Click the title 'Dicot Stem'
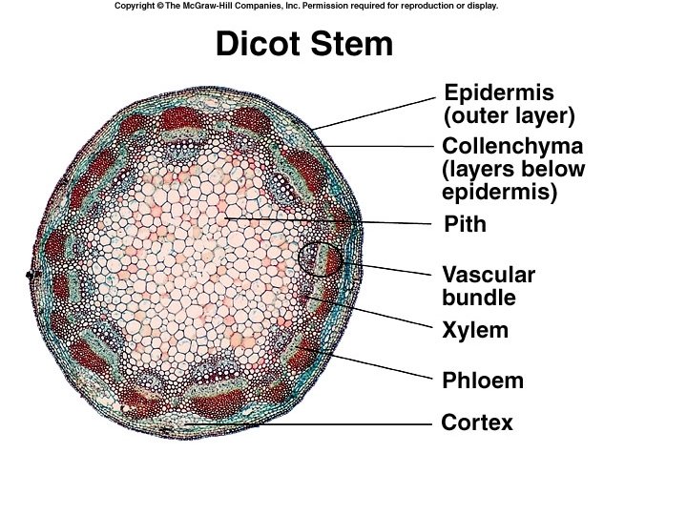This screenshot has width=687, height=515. click(303, 44)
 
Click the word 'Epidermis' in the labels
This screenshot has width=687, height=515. click(499, 93)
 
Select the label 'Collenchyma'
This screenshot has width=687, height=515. click(512, 147)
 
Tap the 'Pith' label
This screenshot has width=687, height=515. click(466, 225)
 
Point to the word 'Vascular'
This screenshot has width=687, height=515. click(489, 276)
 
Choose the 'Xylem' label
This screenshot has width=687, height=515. click(475, 331)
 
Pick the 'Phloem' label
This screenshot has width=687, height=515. click(483, 381)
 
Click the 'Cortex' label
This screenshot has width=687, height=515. click(477, 422)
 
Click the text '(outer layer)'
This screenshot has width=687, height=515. click(510, 116)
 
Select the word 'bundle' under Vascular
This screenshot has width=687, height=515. click(479, 298)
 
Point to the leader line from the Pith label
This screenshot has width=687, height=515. click(334, 221)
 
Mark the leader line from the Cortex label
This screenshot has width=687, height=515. click(315, 423)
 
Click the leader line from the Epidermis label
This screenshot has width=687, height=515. click(377, 112)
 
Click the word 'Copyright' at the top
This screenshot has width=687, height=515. click(137, 6)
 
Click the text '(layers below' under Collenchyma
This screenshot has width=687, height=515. click(513, 170)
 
